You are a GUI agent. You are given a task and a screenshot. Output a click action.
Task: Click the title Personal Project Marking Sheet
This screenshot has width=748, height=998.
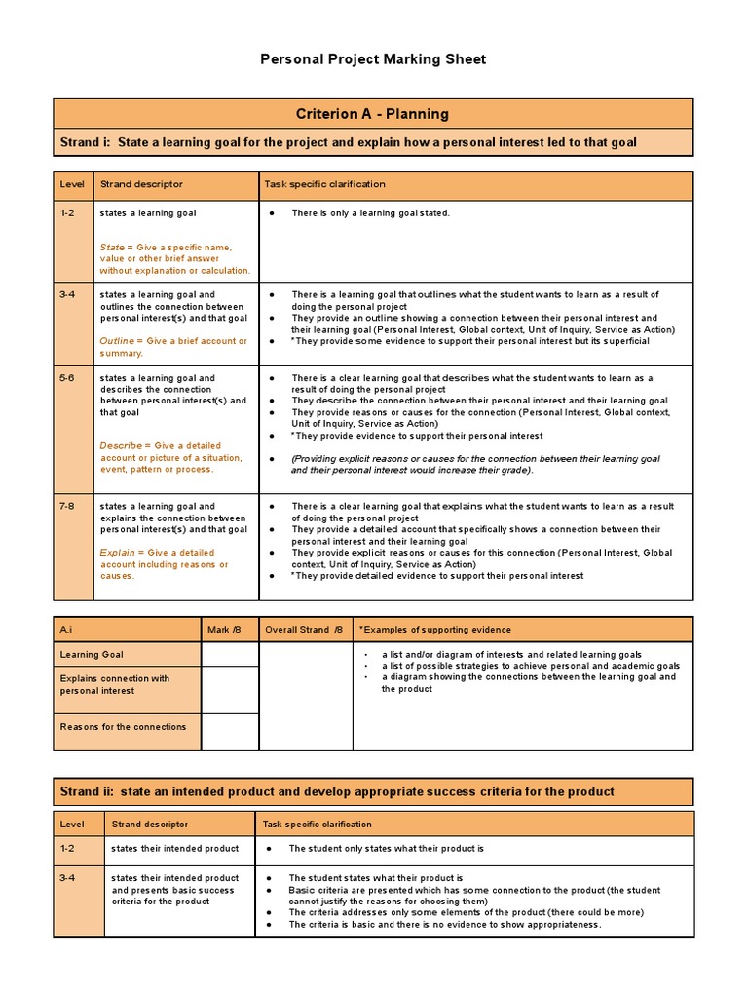click(373, 59)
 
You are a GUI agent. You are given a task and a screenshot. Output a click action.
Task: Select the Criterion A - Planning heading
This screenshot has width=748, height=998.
click(373, 114)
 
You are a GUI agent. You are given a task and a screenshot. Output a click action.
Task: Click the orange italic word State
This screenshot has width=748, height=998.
click(111, 248)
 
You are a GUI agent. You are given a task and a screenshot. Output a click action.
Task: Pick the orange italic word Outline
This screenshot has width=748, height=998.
click(117, 341)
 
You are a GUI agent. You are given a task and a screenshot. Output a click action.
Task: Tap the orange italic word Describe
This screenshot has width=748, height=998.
click(121, 446)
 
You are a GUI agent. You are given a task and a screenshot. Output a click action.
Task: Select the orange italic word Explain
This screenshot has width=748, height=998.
click(117, 553)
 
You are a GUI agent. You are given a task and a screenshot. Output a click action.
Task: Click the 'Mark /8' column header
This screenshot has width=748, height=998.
click(218, 630)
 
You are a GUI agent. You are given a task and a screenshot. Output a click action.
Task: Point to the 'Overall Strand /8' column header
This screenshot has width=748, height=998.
click(303, 630)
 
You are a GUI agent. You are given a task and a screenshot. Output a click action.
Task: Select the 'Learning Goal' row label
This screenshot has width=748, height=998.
click(92, 655)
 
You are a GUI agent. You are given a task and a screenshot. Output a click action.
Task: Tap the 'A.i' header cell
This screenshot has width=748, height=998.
click(66, 630)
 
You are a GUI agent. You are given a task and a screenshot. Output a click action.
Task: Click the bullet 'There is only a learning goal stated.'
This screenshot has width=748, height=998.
click(370, 213)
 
